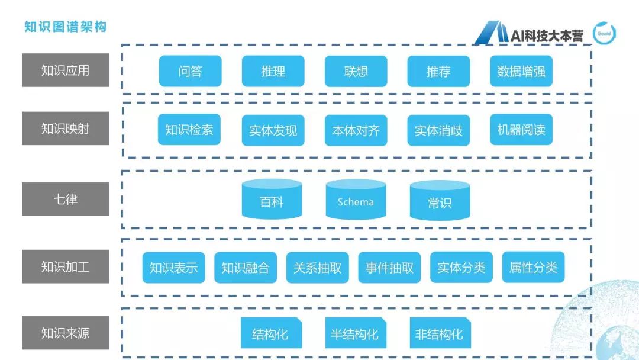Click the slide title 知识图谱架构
point(65,27)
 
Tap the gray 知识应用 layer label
point(65,70)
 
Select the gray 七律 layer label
point(65,199)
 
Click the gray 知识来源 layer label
point(65,333)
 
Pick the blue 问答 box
point(190,71)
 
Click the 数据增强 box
point(521,71)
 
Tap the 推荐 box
point(438,71)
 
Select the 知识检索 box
point(189,130)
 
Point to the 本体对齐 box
point(356,130)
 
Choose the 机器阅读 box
point(521,130)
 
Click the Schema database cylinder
point(356,201)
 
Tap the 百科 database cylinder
point(272,201)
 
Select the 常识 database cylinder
point(440,202)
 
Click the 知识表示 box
point(173,268)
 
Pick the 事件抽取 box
point(389,268)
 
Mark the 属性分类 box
point(533,267)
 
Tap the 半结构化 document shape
point(354,333)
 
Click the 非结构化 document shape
point(439,333)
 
